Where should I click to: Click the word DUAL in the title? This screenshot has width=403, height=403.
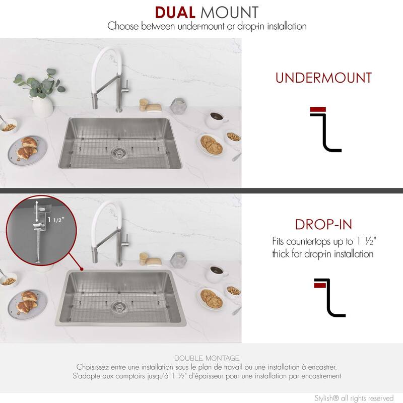(x=175, y=13)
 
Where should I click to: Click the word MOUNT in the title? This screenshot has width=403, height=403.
(x=230, y=13)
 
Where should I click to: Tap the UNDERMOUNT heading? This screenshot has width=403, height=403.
(x=323, y=78)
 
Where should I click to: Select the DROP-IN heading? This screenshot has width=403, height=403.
(x=323, y=224)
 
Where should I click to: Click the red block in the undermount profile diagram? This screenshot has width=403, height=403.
(x=318, y=109)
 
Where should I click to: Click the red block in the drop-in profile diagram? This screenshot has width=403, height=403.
(x=320, y=285)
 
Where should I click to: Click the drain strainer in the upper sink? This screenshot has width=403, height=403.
(x=118, y=153)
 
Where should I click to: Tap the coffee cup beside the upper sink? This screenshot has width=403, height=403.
(x=216, y=119)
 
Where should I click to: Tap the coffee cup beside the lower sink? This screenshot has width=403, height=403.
(x=217, y=274)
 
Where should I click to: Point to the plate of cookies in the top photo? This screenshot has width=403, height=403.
(x=211, y=145)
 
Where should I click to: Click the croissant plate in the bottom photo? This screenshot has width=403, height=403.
(x=28, y=305)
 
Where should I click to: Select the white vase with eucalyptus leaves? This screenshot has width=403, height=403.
(x=42, y=106)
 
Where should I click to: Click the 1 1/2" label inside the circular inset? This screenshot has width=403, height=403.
(x=56, y=220)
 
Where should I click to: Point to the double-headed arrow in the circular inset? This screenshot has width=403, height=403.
(x=37, y=211)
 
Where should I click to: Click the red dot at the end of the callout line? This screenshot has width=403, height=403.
(x=82, y=269)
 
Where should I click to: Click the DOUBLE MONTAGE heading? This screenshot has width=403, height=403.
(x=207, y=358)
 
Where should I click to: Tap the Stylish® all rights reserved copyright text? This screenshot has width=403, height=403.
(x=354, y=398)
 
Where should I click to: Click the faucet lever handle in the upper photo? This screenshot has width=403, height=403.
(x=125, y=86)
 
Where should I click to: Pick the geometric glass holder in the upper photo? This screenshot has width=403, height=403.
(x=178, y=105)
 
